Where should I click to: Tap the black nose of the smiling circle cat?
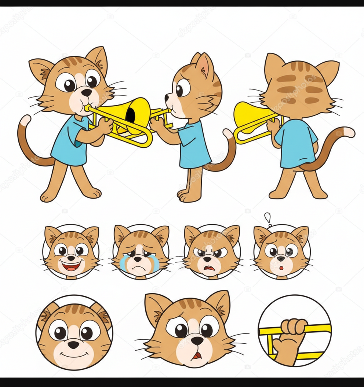pos(74,344)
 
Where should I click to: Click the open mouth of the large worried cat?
pos(197,355)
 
